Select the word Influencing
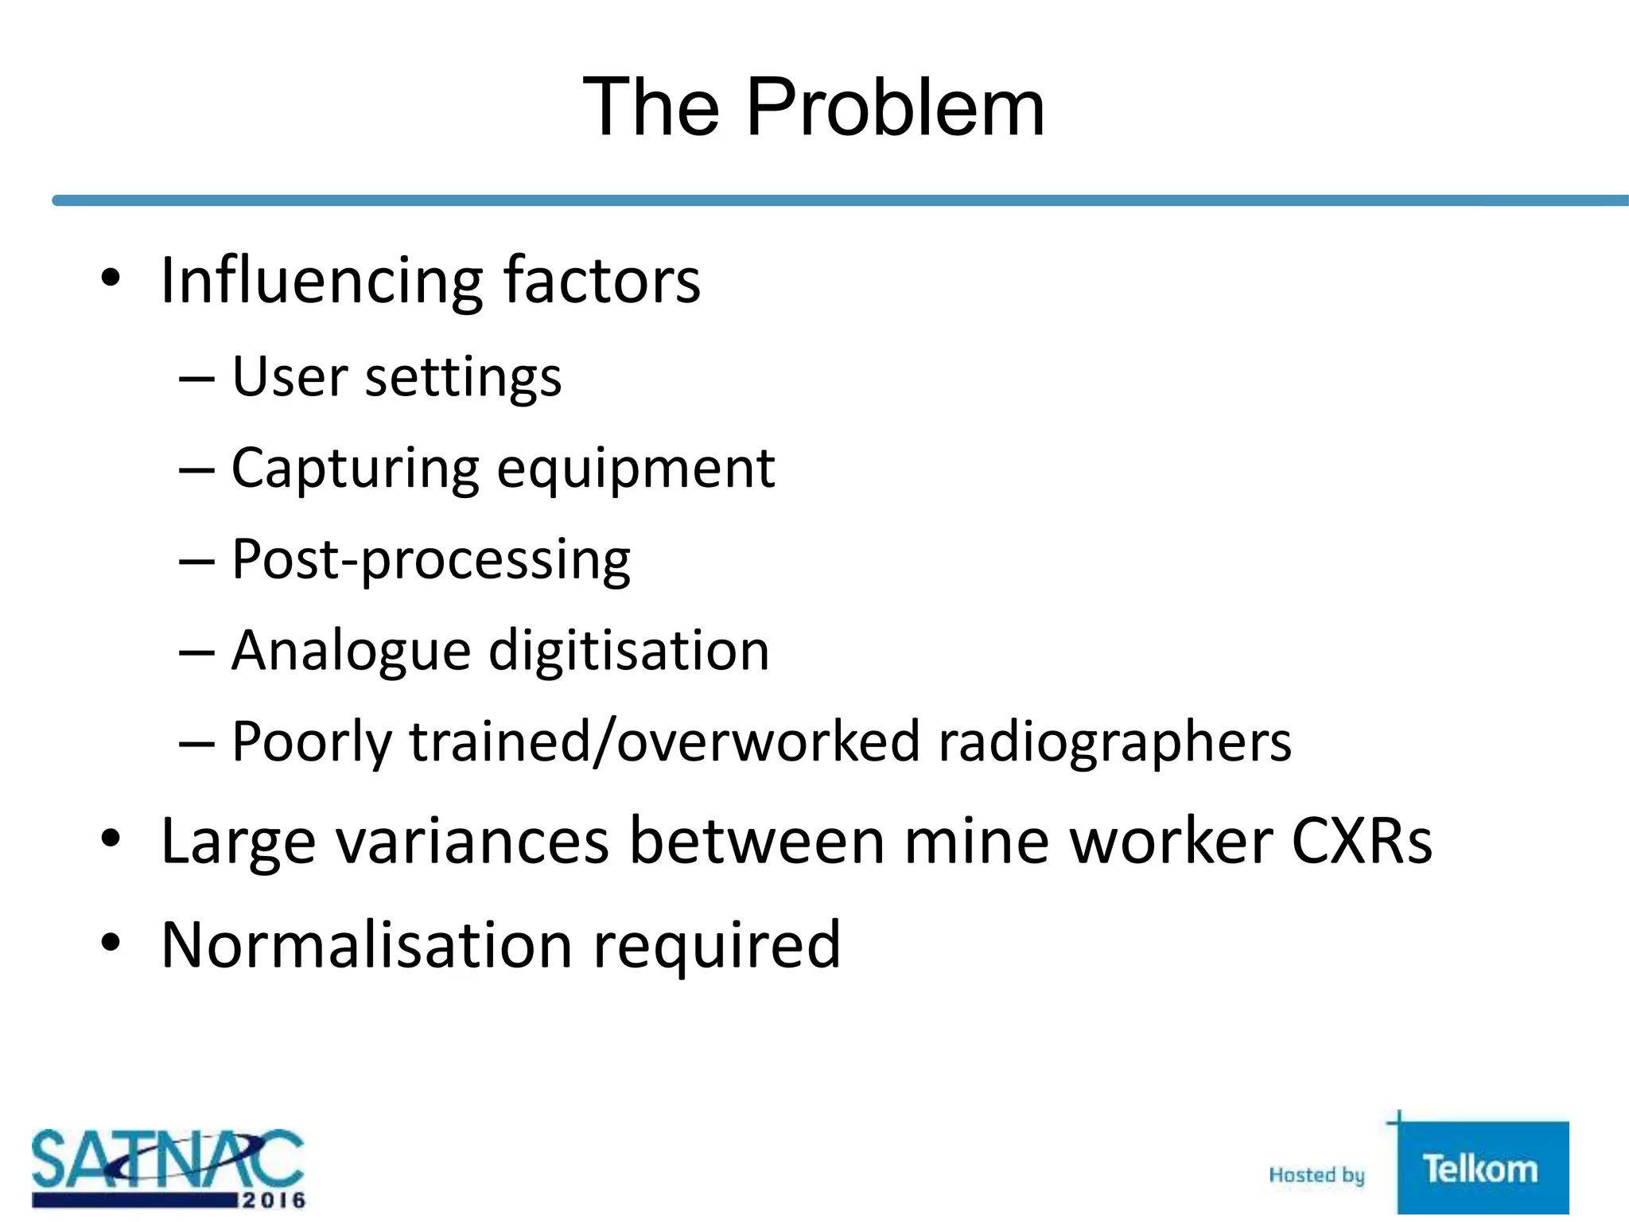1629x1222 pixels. pyautogui.click(x=321, y=282)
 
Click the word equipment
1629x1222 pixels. pyautogui.click(x=636, y=469)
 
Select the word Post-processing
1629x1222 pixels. pyautogui.click(x=431, y=561)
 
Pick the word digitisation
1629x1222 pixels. pyautogui.click(x=628, y=651)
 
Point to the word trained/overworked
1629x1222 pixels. pyautogui.click(x=664, y=741)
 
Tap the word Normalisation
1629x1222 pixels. pyautogui.click(x=367, y=945)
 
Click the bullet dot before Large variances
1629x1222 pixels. pyautogui.click(x=111, y=839)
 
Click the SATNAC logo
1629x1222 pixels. pyautogui.click(x=168, y=1168)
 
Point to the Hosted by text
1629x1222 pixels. pyautogui.click(x=1316, y=1175)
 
